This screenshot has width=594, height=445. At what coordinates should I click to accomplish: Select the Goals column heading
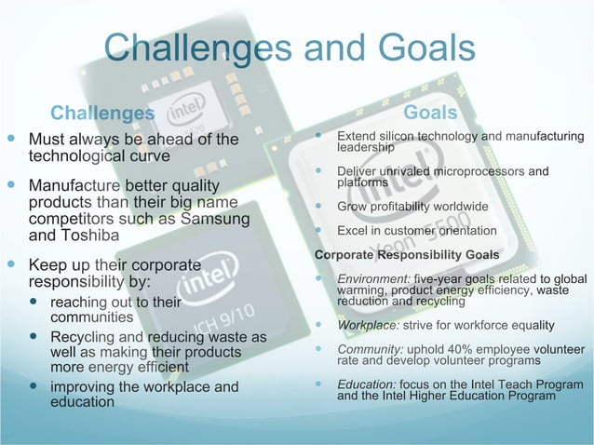point(431,113)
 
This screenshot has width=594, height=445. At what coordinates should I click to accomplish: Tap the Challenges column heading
point(102,114)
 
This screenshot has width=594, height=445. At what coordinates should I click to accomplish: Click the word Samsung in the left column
point(213,219)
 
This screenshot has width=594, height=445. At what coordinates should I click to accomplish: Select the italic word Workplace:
point(369,325)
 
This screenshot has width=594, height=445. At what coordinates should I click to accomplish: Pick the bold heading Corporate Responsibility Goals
point(407,254)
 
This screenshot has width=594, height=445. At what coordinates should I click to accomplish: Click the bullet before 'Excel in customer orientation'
point(319,230)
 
